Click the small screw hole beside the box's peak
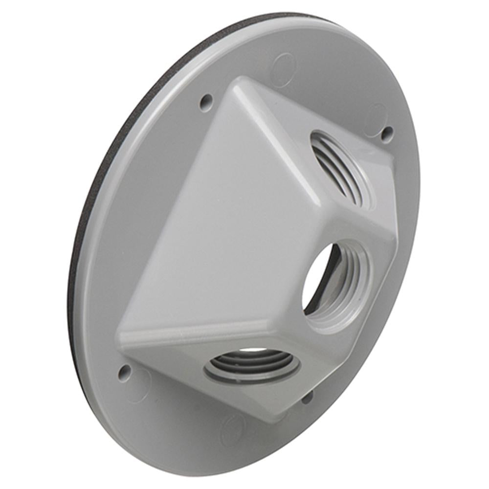[x=206, y=101]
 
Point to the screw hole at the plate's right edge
[x=387, y=132]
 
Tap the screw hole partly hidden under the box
[x=307, y=397]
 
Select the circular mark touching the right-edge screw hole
[x=376, y=117]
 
